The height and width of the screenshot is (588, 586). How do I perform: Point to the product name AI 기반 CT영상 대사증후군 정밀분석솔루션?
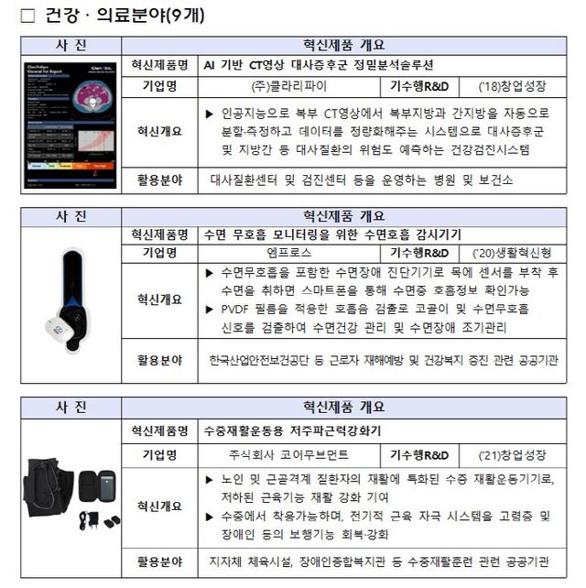coord(319,65)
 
